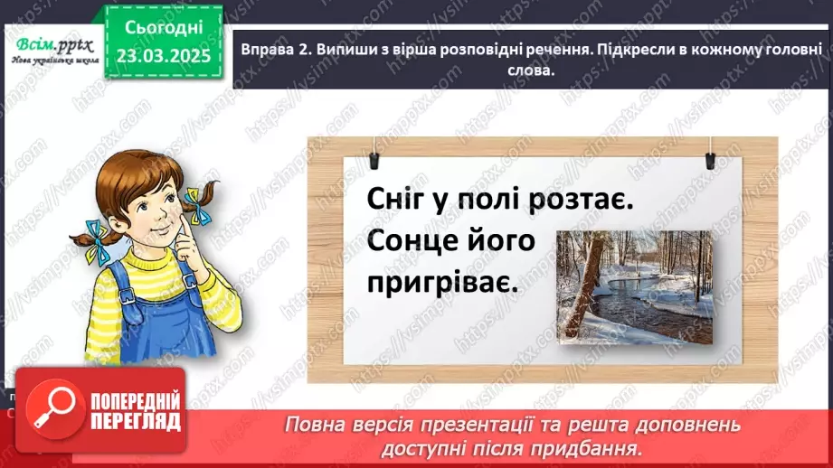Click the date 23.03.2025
162,55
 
